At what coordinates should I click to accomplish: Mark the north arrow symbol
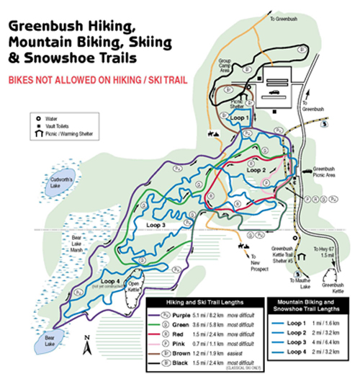pos(87,348)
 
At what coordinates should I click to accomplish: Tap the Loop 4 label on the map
pos(110,282)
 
